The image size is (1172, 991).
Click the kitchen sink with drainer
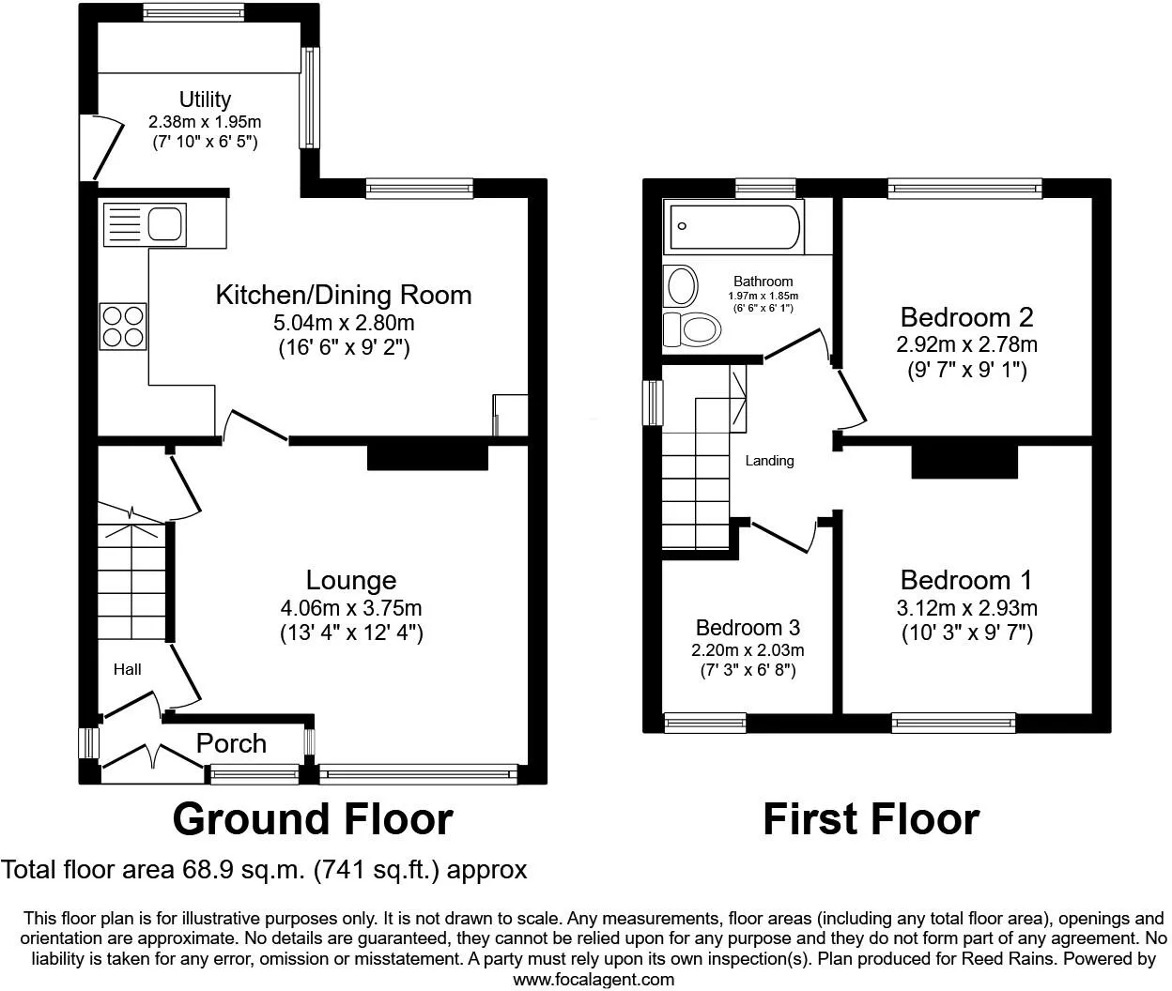click(x=145, y=224)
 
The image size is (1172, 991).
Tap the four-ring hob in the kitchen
click(x=123, y=327)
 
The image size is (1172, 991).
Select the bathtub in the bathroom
click(x=734, y=227)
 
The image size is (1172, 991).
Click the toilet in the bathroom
click(x=692, y=328)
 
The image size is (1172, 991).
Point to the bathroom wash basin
click(x=681, y=286)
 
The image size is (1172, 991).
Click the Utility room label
click(x=206, y=99)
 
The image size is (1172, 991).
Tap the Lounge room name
click(x=351, y=580)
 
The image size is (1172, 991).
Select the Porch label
click(x=231, y=743)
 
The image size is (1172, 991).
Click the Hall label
click(x=127, y=669)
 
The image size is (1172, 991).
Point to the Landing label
click(x=769, y=461)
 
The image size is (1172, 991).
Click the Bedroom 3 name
click(x=748, y=628)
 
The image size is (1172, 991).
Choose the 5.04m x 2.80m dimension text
click(x=344, y=323)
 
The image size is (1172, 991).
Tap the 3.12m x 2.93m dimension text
click(x=966, y=608)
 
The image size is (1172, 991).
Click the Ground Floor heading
click(x=313, y=819)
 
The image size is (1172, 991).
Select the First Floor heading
click(x=871, y=819)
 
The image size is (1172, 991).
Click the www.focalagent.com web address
click(x=594, y=979)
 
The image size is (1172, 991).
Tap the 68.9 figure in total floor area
click(x=208, y=870)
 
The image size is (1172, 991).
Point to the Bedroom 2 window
click(x=965, y=189)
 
